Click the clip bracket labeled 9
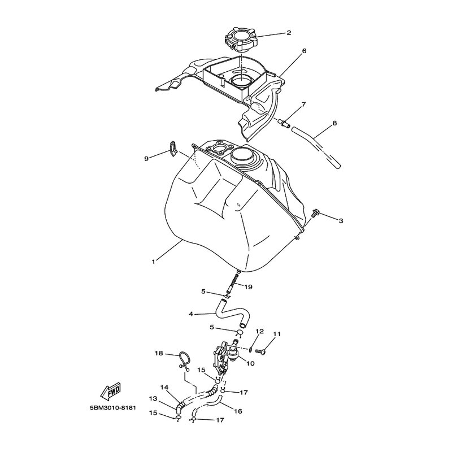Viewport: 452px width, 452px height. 172,149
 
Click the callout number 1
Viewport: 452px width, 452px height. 153,262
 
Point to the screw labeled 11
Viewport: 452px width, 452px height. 260,351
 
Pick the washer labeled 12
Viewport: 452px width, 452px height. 250,350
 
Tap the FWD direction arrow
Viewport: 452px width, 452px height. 111,392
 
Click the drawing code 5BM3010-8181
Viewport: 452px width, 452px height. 112,408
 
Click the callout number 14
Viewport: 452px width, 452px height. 164,388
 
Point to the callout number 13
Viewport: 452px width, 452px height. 153,399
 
